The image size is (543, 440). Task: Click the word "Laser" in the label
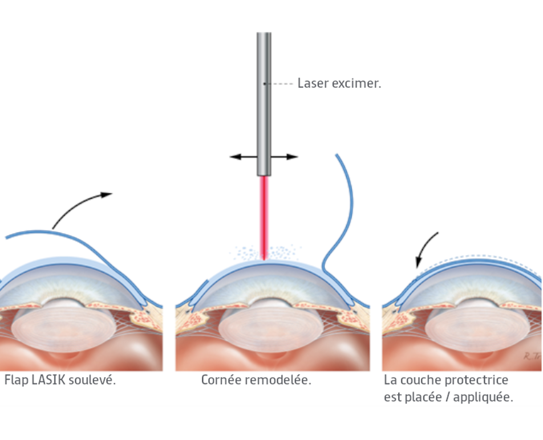tap(311, 83)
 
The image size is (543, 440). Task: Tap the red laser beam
tap(264, 217)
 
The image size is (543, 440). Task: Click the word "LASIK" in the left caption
tap(47, 380)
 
